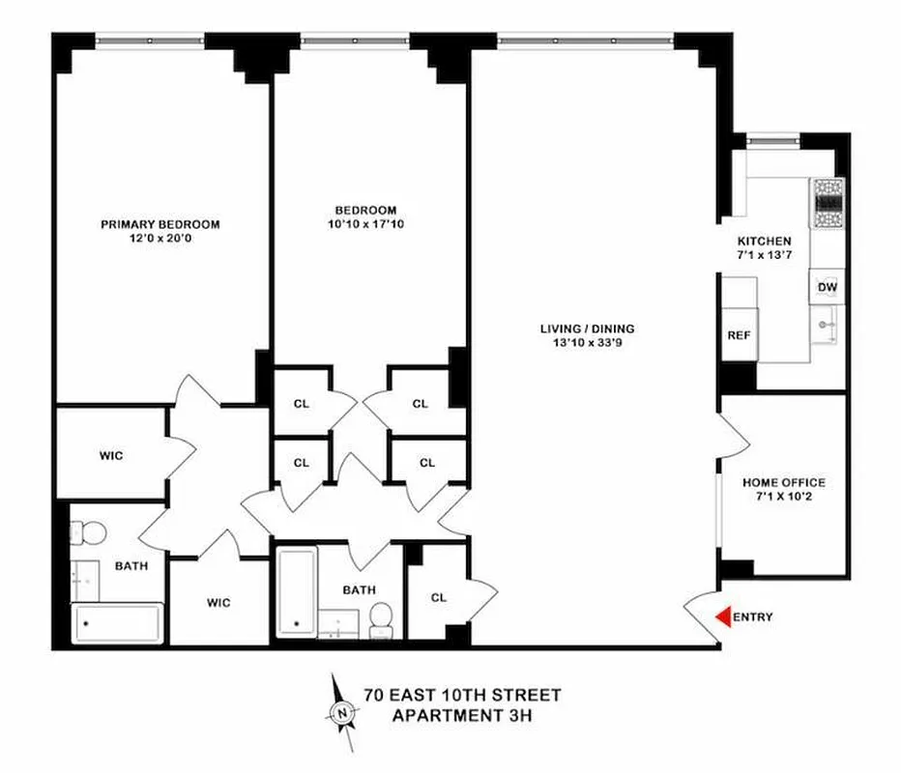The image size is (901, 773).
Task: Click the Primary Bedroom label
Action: pyautogui.click(x=160, y=224)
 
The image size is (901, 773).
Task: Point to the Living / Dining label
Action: pyautogui.click(x=587, y=329)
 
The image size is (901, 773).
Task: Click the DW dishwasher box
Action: pyautogui.click(x=827, y=287)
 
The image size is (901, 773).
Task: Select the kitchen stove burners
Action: pyautogui.click(x=828, y=204)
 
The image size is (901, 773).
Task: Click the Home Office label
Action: pyautogui.click(x=783, y=482)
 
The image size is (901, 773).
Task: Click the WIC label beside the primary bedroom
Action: pyautogui.click(x=111, y=455)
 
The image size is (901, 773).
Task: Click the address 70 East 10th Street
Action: pyautogui.click(x=462, y=695)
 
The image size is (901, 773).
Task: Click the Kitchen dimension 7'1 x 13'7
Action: pyautogui.click(x=765, y=255)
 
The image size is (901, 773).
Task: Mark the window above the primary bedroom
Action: pyautogui.click(x=150, y=41)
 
